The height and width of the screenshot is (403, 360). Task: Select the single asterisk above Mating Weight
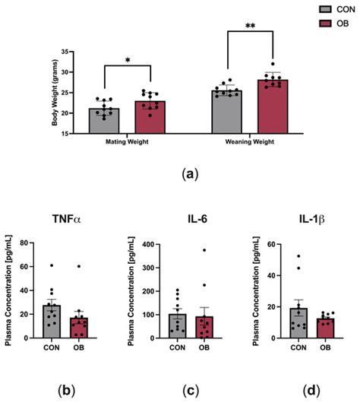[128, 59]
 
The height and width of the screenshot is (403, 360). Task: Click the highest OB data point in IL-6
[202, 250]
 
